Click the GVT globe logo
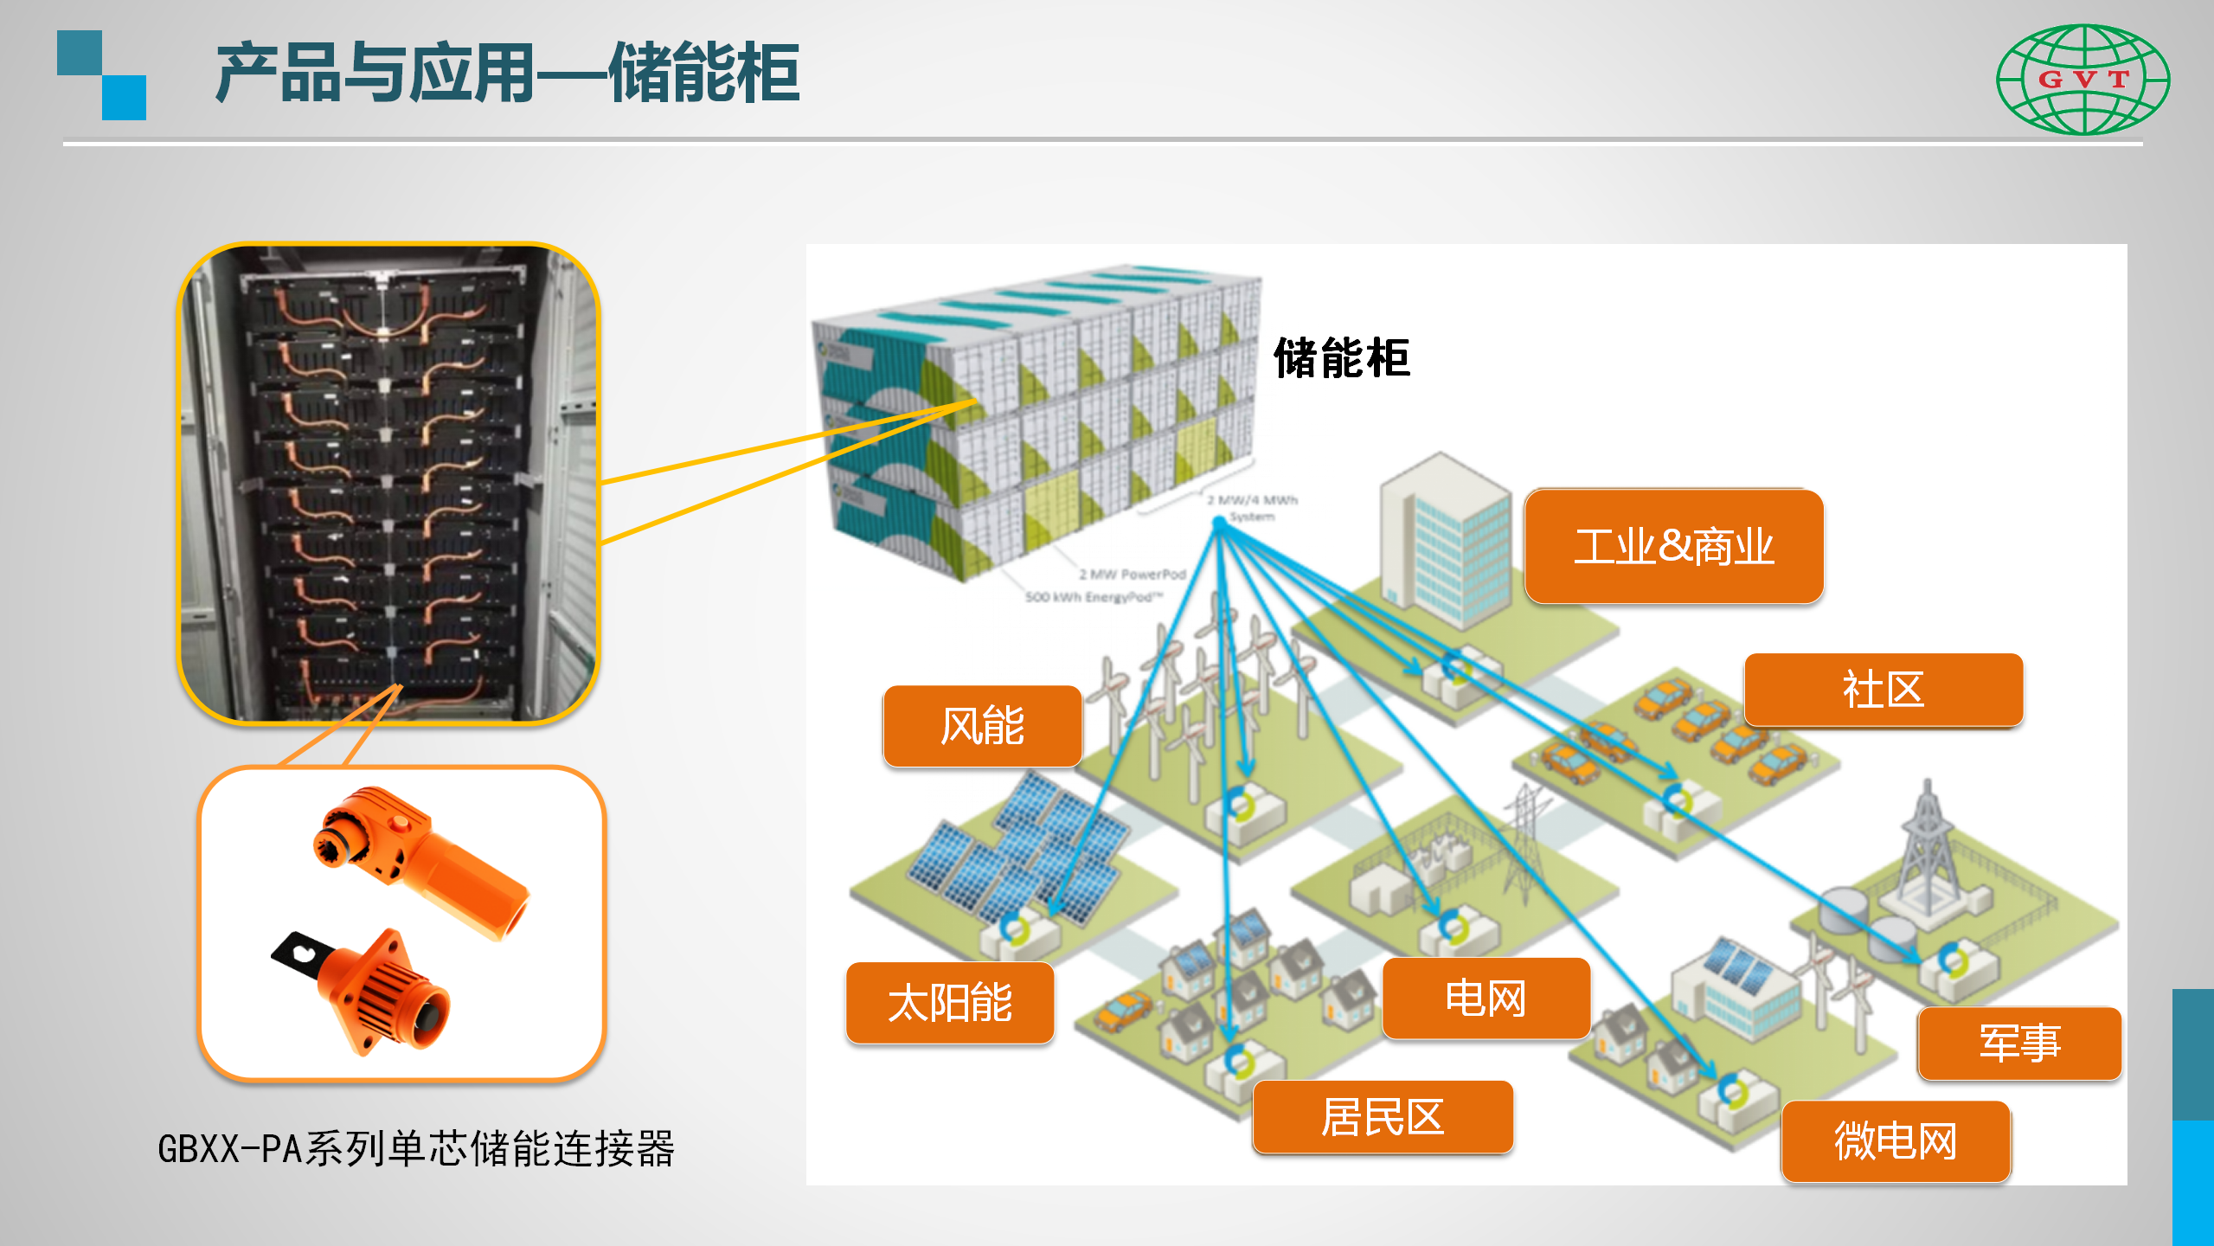pyautogui.click(x=2082, y=80)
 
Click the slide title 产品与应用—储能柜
pyautogui.click(x=507, y=74)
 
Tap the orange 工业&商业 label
pyautogui.click(x=1673, y=547)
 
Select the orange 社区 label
pyautogui.click(x=1883, y=690)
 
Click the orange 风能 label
pyautogui.click(x=982, y=726)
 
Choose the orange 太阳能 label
pyautogui.click(x=949, y=1003)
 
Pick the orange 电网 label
pyautogui.click(x=1486, y=999)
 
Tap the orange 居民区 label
pyautogui.click(x=1382, y=1117)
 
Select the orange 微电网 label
pyautogui.click(x=1895, y=1141)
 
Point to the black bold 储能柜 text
pyautogui.click(x=1341, y=358)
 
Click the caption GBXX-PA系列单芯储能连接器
pyautogui.click(x=415, y=1149)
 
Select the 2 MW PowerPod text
pyautogui.click(x=1132, y=574)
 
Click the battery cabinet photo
pyautogui.click(x=388, y=483)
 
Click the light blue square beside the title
pyautogui.click(x=124, y=98)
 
